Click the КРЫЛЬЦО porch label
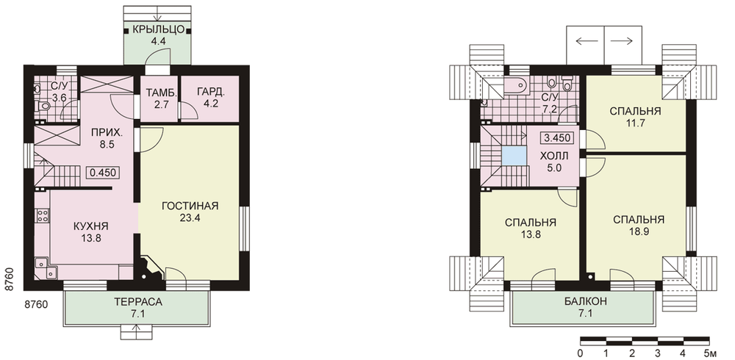[x=157, y=30]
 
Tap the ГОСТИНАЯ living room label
[x=190, y=206]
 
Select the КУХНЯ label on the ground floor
[x=91, y=226]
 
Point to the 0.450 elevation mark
[x=103, y=172]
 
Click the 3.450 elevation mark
[x=557, y=138]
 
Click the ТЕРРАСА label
[x=138, y=302]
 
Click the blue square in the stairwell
[x=513, y=156]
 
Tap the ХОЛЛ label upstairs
[x=554, y=155]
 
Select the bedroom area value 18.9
[x=639, y=231]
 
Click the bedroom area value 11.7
[x=635, y=123]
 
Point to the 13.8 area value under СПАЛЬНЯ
[x=531, y=234]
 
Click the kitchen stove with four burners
[x=42, y=215]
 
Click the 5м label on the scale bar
[x=711, y=352]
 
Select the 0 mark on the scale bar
[x=581, y=352]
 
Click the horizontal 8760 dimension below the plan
[x=35, y=305]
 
